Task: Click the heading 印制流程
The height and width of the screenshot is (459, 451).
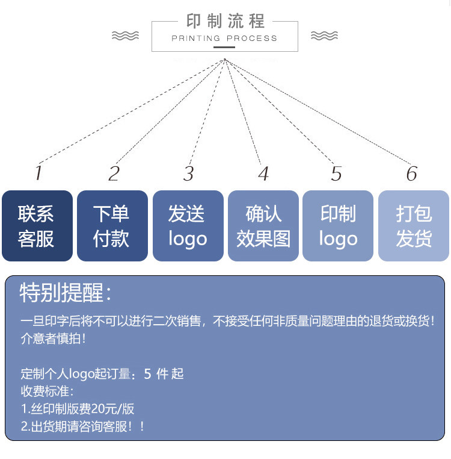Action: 225,22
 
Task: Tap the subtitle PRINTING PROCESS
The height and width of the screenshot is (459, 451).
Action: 224,38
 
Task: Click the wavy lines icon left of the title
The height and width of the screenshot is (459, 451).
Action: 125,36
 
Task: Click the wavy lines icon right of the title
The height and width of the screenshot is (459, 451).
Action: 324,36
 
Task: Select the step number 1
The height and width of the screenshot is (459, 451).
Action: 38,173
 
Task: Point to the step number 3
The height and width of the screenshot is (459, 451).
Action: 189,173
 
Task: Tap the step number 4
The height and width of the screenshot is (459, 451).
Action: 263,173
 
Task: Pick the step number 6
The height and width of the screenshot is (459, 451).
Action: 411,173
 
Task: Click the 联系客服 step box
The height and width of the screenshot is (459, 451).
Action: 37,226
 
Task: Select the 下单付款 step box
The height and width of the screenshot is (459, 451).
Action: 112,226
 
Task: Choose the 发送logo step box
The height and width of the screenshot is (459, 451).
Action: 188,226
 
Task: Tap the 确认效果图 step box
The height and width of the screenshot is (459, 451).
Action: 263,226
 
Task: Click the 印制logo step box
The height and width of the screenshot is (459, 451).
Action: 338,226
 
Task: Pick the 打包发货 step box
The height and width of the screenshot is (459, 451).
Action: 414,226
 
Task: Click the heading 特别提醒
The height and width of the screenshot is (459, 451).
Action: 66,293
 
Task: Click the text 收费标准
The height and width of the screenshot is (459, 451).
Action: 47,392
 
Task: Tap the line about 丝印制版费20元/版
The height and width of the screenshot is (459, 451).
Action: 78,409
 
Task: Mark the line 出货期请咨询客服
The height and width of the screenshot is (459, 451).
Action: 83,426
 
